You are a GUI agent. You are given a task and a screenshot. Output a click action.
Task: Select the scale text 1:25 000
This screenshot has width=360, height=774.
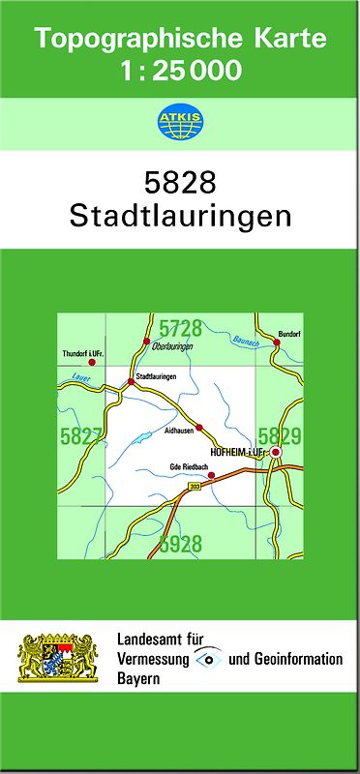point(179,70)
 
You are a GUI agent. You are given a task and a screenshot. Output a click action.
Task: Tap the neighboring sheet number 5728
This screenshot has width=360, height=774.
point(181,329)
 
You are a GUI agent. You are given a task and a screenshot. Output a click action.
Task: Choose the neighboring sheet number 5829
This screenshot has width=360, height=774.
point(281,436)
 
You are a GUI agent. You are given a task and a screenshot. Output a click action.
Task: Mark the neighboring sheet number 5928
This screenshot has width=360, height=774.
point(181,544)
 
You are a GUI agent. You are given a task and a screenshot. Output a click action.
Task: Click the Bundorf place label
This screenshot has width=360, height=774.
point(290,333)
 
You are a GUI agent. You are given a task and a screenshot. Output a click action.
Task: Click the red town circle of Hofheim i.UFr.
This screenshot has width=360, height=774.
point(276,452)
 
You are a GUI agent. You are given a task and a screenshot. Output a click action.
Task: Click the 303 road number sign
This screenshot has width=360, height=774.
point(195,486)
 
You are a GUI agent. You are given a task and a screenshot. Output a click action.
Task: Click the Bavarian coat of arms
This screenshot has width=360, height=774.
point(58,659)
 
